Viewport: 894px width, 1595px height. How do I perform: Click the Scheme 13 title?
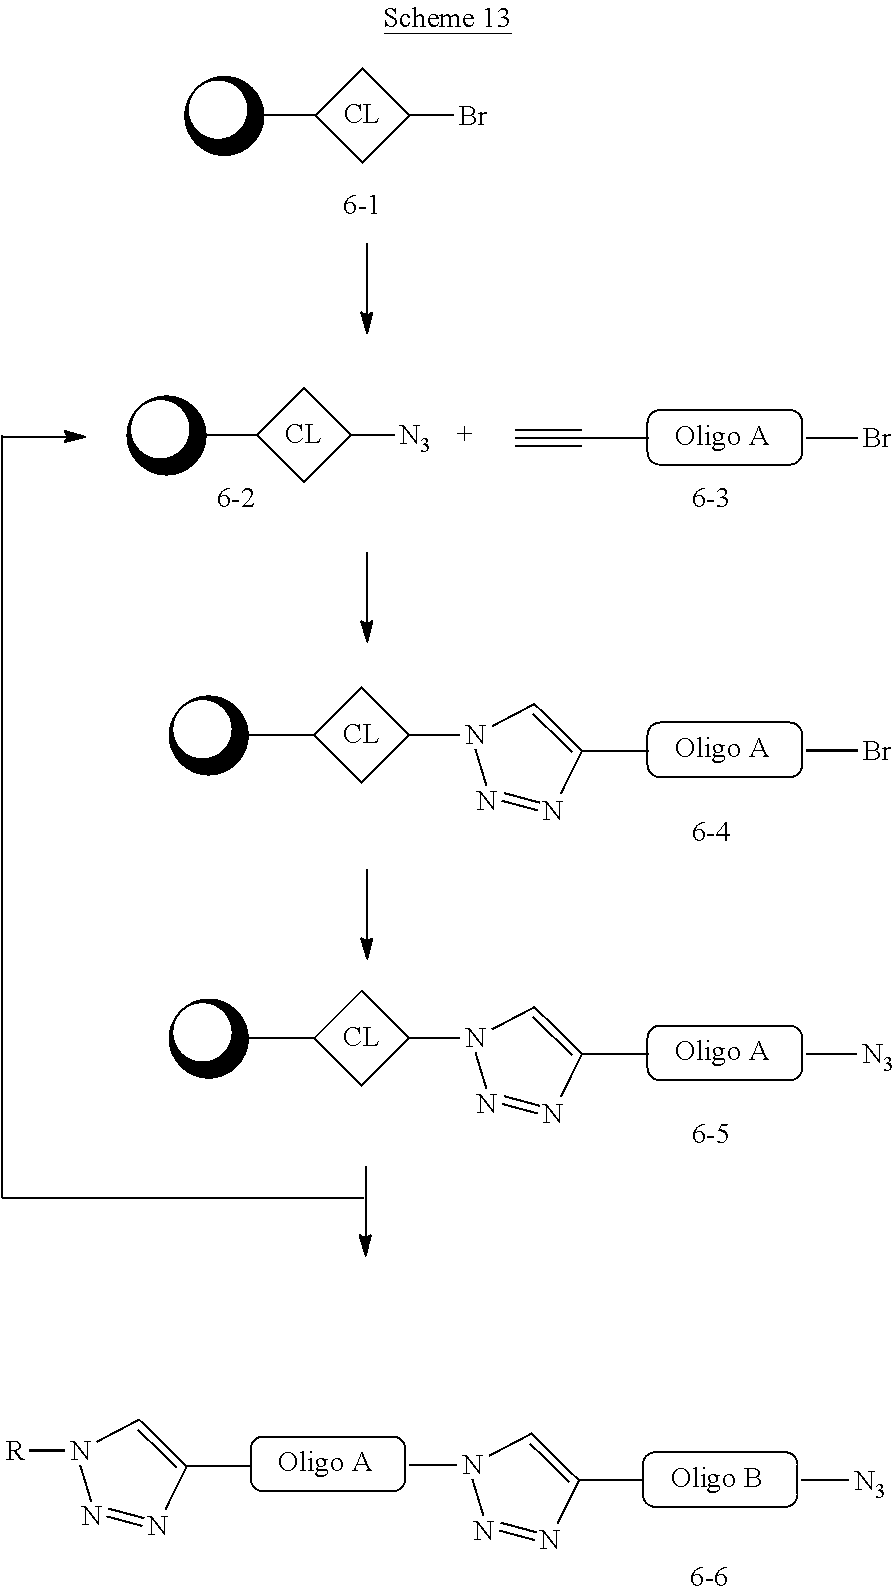(447, 19)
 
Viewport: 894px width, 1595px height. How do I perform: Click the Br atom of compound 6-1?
(472, 117)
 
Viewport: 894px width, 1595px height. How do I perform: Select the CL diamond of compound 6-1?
(362, 115)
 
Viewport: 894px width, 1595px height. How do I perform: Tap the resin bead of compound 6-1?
(224, 116)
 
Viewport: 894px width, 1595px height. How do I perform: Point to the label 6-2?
(236, 497)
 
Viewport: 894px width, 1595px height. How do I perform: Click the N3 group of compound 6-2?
(414, 437)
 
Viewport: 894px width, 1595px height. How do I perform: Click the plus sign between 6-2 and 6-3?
(464, 435)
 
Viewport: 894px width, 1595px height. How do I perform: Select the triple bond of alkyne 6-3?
(548, 437)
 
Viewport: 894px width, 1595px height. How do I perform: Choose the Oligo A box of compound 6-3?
(724, 437)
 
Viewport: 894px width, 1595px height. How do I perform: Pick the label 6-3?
(710, 497)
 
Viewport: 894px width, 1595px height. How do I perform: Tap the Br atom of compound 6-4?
(876, 750)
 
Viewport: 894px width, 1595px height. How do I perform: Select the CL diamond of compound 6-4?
(361, 735)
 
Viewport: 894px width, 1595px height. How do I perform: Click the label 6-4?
(710, 831)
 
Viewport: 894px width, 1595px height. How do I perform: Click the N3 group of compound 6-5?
(877, 1055)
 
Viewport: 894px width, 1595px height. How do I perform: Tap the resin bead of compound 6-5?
(208, 1039)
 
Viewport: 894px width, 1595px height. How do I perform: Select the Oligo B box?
(719, 1480)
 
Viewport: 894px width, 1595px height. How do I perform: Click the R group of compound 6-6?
(15, 1451)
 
